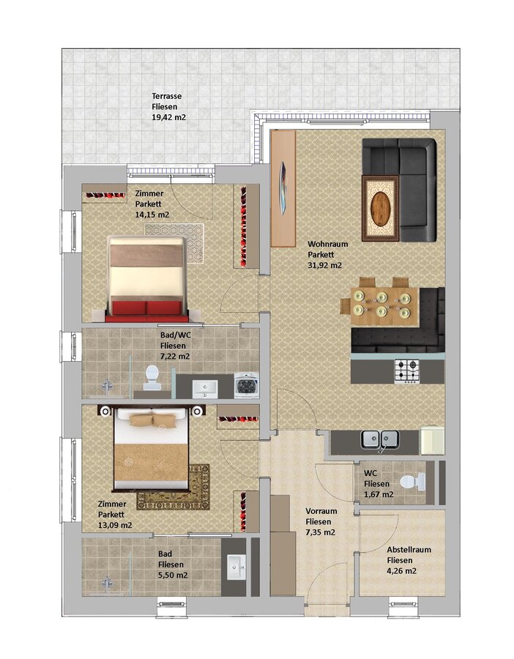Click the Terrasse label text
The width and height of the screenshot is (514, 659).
click(167, 96)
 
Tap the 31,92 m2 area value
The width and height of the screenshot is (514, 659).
click(325, 265)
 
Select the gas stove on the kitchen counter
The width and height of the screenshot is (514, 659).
click(407, 371)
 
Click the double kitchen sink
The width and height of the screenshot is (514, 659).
click(380, 439)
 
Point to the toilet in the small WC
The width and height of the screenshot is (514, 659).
click(413, 482)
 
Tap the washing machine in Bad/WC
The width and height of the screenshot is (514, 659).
click(246, 385)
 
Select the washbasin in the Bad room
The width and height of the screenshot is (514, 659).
click(236, 567)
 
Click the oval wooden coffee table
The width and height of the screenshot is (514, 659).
click(380, 208)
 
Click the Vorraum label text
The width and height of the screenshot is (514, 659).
click(321, 511)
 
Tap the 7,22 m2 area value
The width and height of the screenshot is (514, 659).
click(175, 357)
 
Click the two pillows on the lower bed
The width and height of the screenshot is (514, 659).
click(152, 420)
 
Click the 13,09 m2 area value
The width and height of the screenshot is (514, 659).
click(115, 525)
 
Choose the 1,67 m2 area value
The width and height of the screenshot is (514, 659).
click(379, 494)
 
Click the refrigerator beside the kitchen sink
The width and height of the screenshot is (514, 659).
click(432, 441)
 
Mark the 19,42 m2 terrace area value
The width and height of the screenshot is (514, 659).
click(168, 117)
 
